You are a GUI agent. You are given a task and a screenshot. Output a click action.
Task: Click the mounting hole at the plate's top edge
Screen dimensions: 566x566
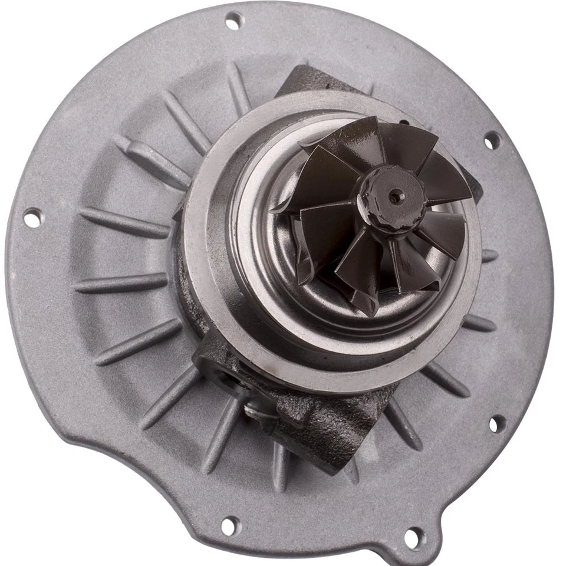point(234,21)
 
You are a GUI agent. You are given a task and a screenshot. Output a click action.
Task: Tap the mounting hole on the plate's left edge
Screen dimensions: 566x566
point(34,218)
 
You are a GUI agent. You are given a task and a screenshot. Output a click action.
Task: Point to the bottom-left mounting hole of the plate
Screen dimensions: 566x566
point(230,524)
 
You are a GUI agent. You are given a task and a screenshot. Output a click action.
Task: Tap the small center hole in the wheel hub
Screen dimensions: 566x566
point(396,198)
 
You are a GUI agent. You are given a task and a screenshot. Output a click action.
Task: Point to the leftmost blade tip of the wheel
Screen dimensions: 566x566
point(277,208)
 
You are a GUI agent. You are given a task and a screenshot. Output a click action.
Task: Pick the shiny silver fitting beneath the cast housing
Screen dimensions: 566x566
point(259,410)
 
